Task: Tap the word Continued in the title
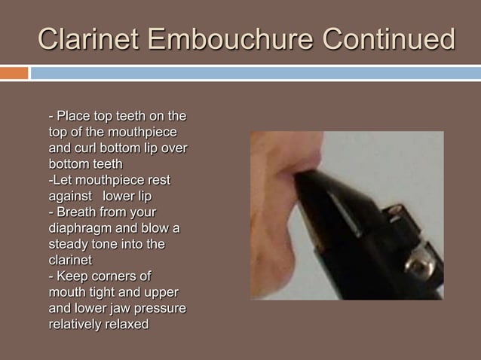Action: pyautogui.click(x=388, y=38)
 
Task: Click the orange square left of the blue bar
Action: pyautogui.click(x=14, y=73)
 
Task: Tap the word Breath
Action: pyautogui.click(x=78, y=212)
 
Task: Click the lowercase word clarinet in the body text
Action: pyautogui.click(x=70, y=260)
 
